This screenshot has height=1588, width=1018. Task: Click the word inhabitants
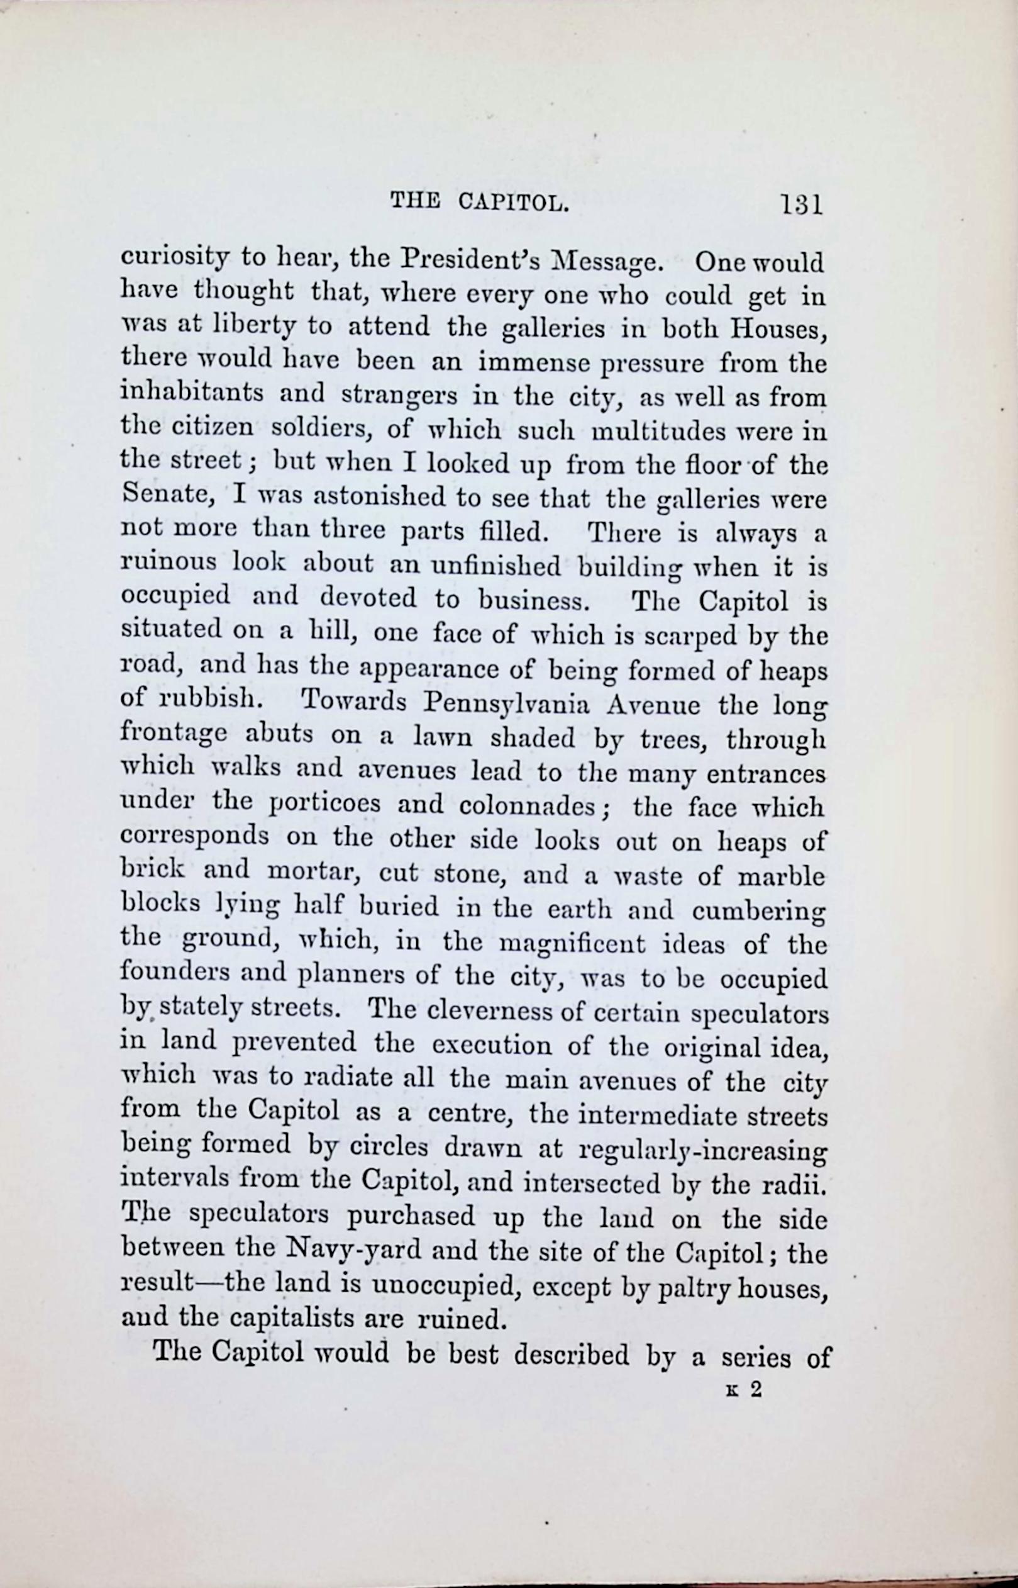pos(192,394)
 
